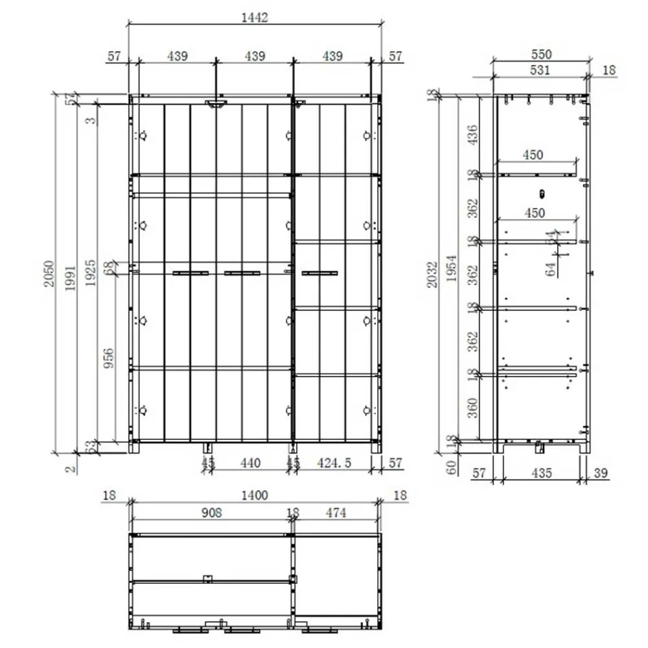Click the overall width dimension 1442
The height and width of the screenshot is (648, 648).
coord(255,17)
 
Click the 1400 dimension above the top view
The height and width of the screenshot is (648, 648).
coord(254,496)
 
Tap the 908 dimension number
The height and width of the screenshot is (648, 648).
coord(211,513)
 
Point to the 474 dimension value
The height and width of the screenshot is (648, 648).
coord(336,513)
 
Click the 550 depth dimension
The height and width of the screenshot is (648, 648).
coord(541,54)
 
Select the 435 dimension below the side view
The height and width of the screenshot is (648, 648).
coord(541,474)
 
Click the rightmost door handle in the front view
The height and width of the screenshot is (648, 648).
coord(319,273)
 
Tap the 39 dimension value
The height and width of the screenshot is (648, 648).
coord(600,474)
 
